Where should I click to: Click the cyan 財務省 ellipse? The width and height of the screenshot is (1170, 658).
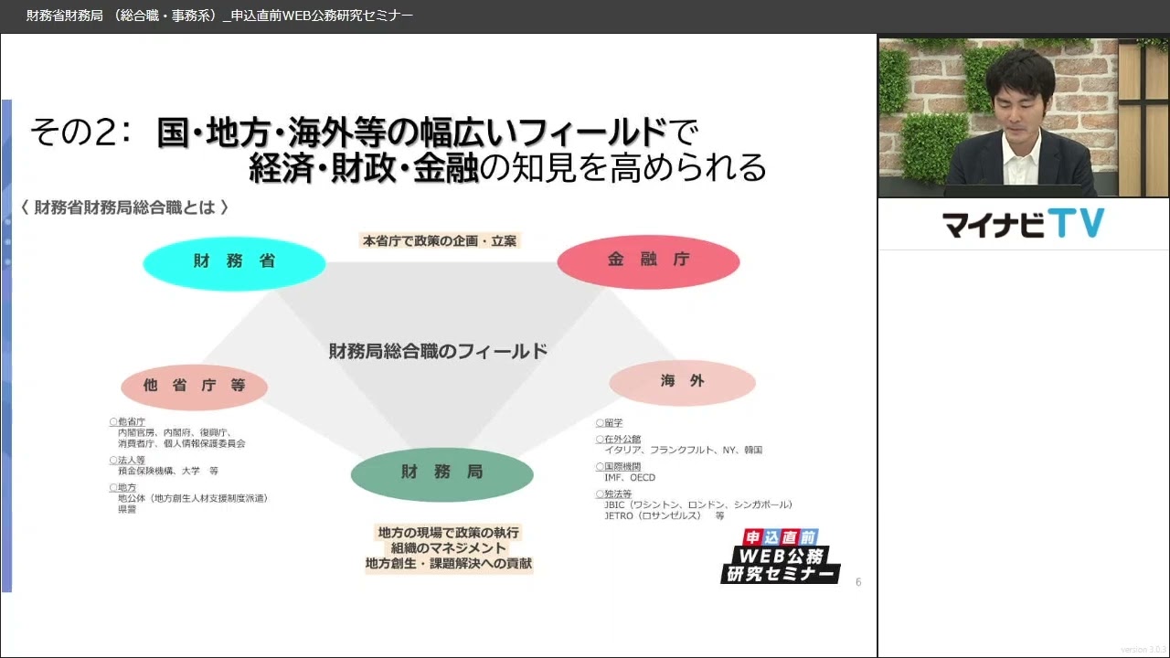click(234, 262)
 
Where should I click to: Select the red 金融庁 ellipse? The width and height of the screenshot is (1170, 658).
click(648, 260)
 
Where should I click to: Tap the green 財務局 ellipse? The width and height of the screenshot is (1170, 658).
click(441, 473)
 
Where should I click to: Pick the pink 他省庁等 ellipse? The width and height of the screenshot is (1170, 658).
click(194, 386)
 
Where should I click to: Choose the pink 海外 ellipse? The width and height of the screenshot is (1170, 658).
click(682, 382)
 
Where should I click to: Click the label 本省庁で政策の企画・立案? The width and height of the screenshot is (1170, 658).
click(441, 241)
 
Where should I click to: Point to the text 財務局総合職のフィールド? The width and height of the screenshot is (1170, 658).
click(438, 351)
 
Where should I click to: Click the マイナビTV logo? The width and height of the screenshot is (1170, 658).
click(1023, 224)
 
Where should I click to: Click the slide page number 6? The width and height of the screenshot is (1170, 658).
click(857, 582)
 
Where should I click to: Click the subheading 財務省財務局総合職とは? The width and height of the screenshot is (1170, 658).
click(124, 207)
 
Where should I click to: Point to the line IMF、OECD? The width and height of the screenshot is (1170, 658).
click(630, 477)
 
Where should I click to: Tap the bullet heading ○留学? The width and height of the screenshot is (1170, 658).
click(609, 423)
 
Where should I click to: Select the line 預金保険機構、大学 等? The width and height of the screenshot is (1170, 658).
click(167, 471)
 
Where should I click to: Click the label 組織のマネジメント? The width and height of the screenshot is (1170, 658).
click(448, 548)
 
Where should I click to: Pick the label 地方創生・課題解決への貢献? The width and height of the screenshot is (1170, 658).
click(448, 564)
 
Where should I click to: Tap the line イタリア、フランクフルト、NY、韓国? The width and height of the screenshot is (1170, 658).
click(683, 450)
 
